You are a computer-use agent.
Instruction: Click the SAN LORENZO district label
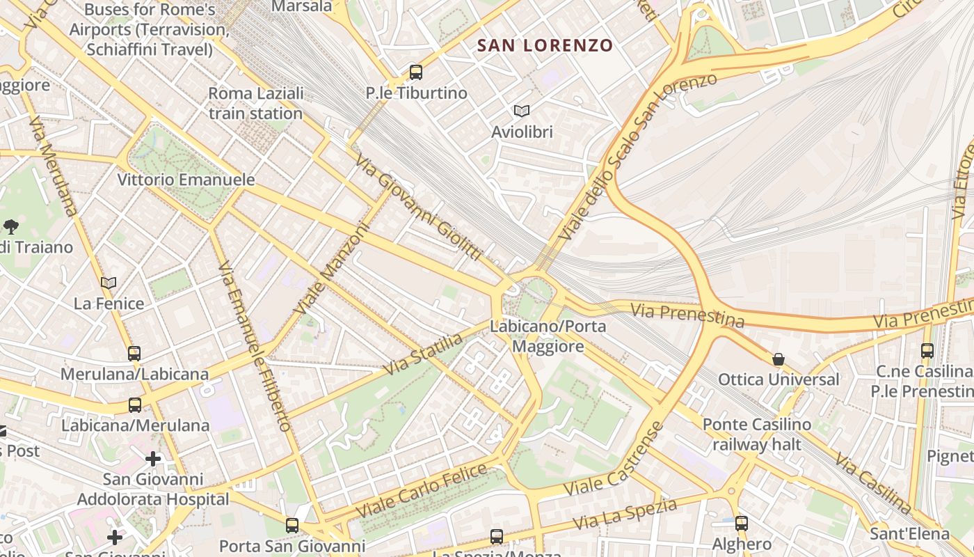[x=545, y=46]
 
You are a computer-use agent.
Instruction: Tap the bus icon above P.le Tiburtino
[x=416, y=72]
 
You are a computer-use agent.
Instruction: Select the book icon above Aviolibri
[x=521, y=111]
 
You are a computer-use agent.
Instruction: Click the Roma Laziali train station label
[x=255, y=103]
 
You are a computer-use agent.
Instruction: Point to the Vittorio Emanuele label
[x=186, y=180]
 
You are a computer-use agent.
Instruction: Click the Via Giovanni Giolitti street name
[x=419, y=207]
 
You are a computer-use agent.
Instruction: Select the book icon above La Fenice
[x=109, y=283]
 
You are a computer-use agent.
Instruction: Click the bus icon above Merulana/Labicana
[x=134, y=354]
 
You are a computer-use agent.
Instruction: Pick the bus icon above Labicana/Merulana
[x=135, y=405]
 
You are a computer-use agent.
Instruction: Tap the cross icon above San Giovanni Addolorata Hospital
[x=153, y=459]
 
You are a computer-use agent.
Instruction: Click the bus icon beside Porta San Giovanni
[x=292, y=526]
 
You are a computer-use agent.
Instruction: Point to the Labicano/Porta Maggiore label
[x=548, y=336]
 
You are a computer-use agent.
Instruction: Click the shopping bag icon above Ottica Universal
[x=779, y=359]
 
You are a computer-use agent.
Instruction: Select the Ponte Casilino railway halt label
[x=756, y=434]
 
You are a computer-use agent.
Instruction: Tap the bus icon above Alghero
[x=742, y=524]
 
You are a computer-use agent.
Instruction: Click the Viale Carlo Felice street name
[x=422, y=490]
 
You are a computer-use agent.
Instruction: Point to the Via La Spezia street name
[x=624, y=514]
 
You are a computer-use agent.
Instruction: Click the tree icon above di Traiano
[x=11, y=226]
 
